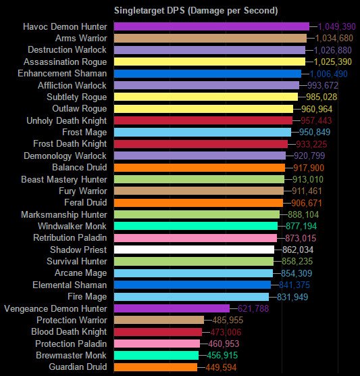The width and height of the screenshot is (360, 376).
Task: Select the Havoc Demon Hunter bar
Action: [x=211, y=26]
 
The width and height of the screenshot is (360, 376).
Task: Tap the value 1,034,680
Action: [x=331, y=38]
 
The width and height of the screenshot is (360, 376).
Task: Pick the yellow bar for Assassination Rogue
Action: [x=209, y=62]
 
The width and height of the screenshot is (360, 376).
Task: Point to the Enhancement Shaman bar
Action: [x=207, y=74]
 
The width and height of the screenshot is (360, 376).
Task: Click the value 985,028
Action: [x=322, y=97]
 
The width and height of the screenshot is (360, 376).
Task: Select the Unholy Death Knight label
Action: [x=68, y=120]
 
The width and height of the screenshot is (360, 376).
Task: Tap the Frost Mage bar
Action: [x=203, y=132]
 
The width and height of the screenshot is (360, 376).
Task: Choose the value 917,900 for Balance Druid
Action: [x=309, y=167]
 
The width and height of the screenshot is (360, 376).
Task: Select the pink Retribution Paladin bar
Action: [x=196, y=238]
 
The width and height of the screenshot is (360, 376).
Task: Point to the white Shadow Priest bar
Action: [x=195, y=250]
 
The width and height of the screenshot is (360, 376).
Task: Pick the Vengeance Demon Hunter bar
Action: [x=172, y=308]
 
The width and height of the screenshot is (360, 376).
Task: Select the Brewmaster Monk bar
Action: [x=157, y=355]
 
